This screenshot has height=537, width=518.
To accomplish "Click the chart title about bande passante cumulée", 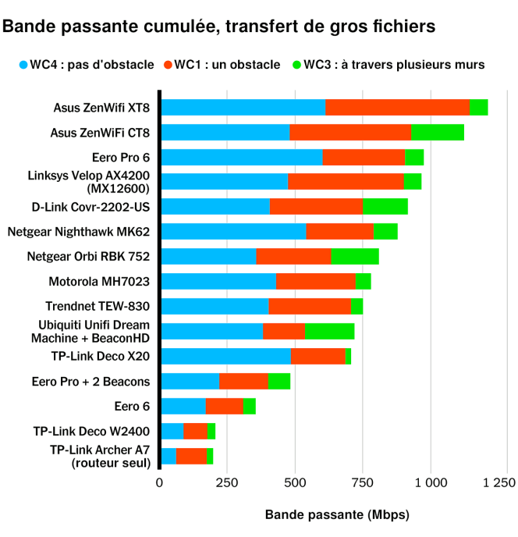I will [x=219, y=27].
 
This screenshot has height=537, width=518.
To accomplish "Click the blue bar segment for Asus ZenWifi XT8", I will [x=243, y=108].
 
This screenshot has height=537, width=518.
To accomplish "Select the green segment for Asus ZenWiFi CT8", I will [x=438, y=132].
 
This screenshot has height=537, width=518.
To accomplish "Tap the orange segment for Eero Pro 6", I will [x=364, y=157].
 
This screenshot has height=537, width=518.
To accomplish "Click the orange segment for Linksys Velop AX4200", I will [x=346, y=182].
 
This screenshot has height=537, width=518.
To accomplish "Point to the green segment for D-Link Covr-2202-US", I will [x=385, y=207].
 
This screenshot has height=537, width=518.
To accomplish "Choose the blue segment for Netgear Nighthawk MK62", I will [x=233, y=232].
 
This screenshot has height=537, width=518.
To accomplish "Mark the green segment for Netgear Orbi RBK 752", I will [x=355, y=256].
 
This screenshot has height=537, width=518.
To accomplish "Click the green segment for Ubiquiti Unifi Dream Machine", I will [x=330, y=331].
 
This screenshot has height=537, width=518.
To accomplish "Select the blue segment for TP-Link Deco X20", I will [x=225, y=356].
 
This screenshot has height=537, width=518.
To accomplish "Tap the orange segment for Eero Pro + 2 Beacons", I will [x=243, y=381].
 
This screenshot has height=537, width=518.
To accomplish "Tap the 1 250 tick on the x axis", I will [x=499, y=483].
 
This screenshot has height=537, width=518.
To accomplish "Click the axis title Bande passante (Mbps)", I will [x=337, y=515].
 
